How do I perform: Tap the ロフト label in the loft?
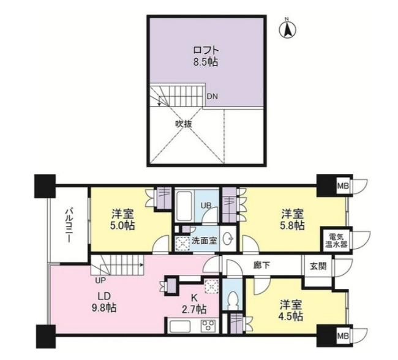(x=206, y=50)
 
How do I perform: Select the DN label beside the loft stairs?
(x=212, y=97)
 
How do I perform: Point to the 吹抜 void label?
(x=184, y=124)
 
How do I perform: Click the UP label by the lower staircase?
(x=101, y=280)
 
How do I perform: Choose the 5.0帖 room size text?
(x=122, y=225)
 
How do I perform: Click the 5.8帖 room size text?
(x=292, y=225)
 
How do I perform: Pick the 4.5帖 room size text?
(x=291, y=317)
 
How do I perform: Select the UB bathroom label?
(x=206, y=205)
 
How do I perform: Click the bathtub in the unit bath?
(x=184, y=206)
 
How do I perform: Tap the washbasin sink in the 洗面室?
(x=228, y=238)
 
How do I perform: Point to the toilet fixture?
(x=233, y=300)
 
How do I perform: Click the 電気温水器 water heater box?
(x=336, y=241)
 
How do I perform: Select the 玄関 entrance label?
(x=318, y=266)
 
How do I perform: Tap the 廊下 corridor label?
(x=261, y=265)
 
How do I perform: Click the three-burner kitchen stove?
(x=208, y=326)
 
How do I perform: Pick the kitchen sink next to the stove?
(x=180, y=326)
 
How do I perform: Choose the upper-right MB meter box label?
(x=343, y=186)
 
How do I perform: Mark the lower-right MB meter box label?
(x=343, y=336)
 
